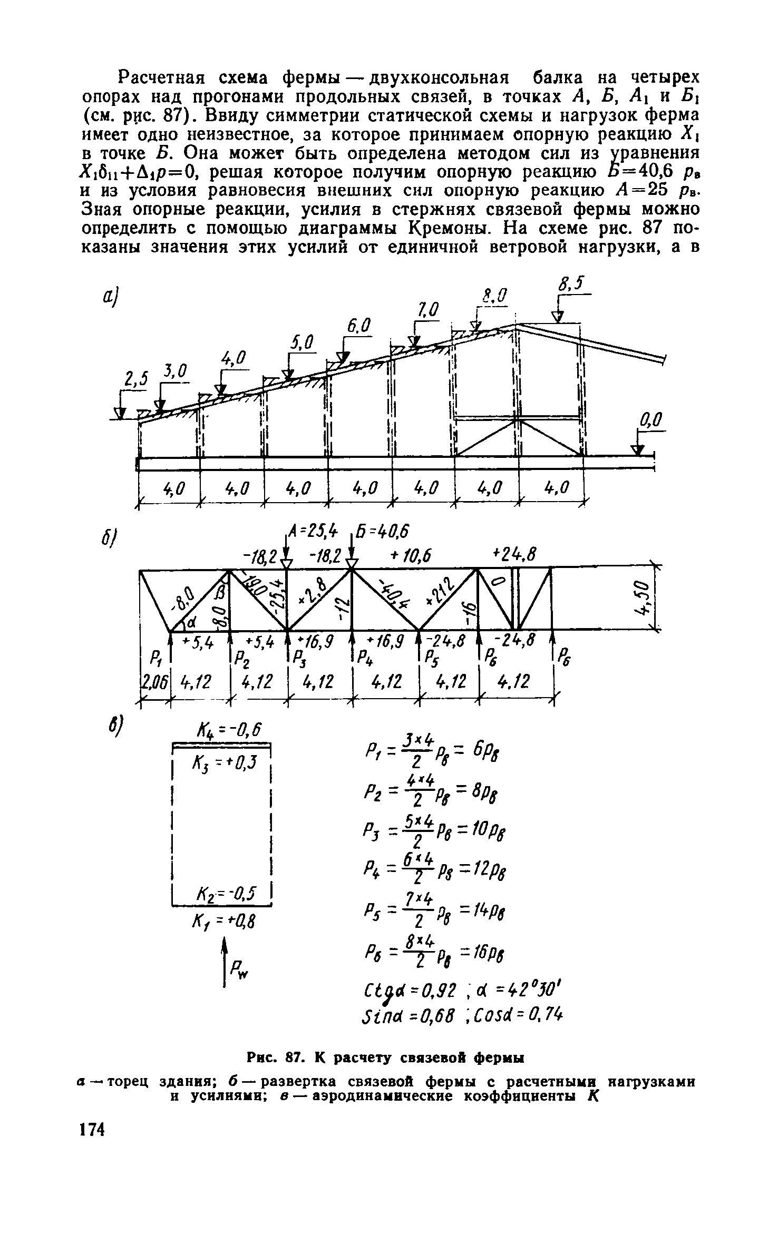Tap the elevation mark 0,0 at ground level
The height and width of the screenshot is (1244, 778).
point(649,421)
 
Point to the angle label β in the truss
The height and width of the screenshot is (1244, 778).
point(220,594)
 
